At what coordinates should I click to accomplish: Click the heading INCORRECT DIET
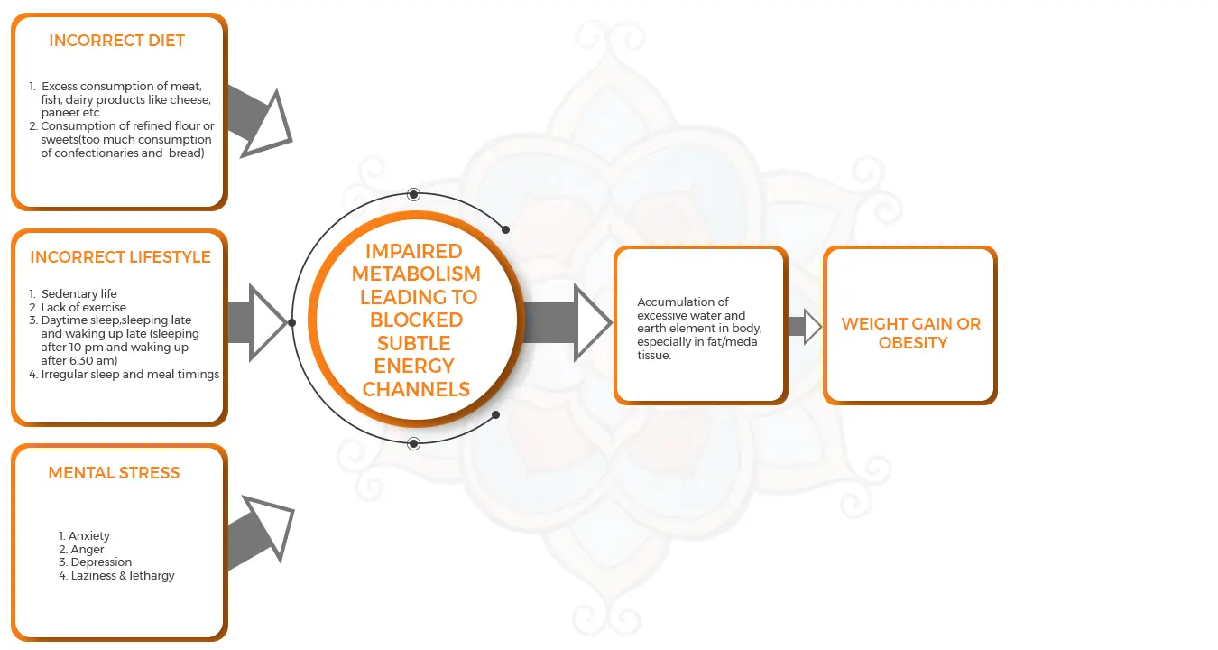pyautogui.click(x=116, y=41)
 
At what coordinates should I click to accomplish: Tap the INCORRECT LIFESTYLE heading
pyautogui.click(x=120, y=257)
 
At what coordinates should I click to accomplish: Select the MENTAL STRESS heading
pyautogui.click(x=114, y=472)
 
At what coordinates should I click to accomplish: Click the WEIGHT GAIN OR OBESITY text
pyautogui.click(x=911, y=333)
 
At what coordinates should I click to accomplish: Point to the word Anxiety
pyautogui.click(x=89, y=536)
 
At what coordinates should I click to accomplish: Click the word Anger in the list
pyautogui.click(x=88, y=549)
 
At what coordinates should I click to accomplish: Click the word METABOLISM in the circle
pyautogui.click(x=416, y=274)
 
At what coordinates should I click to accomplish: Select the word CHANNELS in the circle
pyautogui.click(x=416, y=390)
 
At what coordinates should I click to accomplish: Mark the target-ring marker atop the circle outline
pyautogui.click(x=413, y=194)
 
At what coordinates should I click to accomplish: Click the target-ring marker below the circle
pyautogui.click(x=413, y=443)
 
